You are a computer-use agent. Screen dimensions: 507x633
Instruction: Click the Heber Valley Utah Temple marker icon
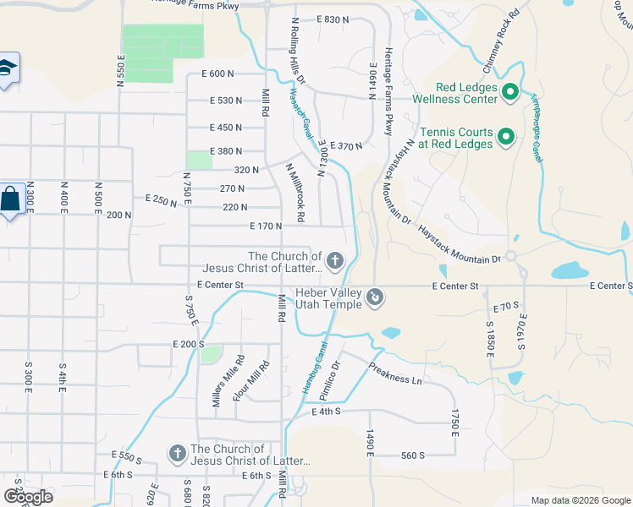click(376, 297)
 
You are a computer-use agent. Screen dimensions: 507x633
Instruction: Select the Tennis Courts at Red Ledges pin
click(506, 136)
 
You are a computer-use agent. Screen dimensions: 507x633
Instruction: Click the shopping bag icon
click(9, 201)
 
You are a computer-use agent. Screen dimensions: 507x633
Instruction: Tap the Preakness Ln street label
click(394, 373)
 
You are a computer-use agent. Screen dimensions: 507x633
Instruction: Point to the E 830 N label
click(333, 19)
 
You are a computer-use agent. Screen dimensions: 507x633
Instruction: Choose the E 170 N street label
click(265, 226)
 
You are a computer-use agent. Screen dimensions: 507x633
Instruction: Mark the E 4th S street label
click(325, 412)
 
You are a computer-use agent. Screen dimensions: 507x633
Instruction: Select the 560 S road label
click(412, 455)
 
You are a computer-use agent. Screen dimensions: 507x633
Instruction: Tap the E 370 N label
click(346, 146)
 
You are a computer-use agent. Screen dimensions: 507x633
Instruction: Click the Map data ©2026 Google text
click(580, 500)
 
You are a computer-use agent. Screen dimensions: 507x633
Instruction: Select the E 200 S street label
click(188, 345)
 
